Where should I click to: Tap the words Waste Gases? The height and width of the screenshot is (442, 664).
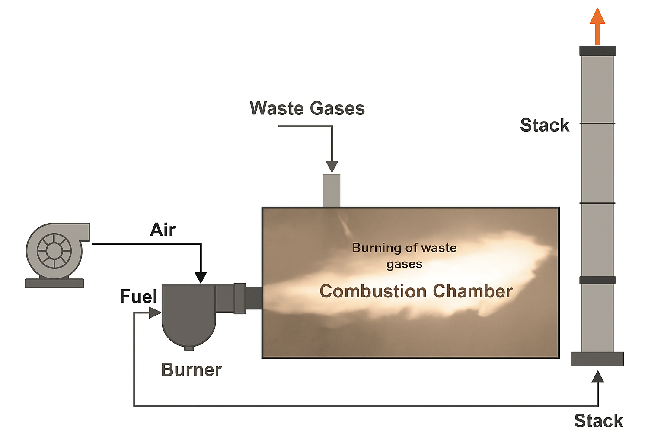[307, 108]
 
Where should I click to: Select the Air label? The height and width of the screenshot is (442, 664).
[163, 230]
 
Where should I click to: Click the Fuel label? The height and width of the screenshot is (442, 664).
[138, 297]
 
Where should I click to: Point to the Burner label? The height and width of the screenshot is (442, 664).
[191, 370]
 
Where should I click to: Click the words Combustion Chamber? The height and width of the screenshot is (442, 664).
[416, 291]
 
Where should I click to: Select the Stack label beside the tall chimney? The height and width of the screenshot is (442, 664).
[544, 125]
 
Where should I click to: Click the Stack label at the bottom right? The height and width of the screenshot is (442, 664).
[598, 421]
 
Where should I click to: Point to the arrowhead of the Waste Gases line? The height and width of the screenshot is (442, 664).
[332, 167]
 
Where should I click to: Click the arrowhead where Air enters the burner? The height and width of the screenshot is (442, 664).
[201, 278]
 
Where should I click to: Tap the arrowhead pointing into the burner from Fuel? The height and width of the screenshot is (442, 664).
[155, 313]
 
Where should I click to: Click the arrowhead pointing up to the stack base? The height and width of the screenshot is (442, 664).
[598, 377]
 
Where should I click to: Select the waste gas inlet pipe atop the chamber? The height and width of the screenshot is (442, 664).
[332, 190]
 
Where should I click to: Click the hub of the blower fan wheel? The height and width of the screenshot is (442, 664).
[54, 251]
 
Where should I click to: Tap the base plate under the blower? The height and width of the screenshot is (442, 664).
[54, 283]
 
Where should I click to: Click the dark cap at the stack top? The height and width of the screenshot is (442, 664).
[597, 51]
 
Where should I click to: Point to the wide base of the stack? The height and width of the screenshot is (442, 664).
[597, 359]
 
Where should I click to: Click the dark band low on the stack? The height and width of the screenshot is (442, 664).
[597, 280]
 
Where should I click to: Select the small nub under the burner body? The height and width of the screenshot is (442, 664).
[189, 348]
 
